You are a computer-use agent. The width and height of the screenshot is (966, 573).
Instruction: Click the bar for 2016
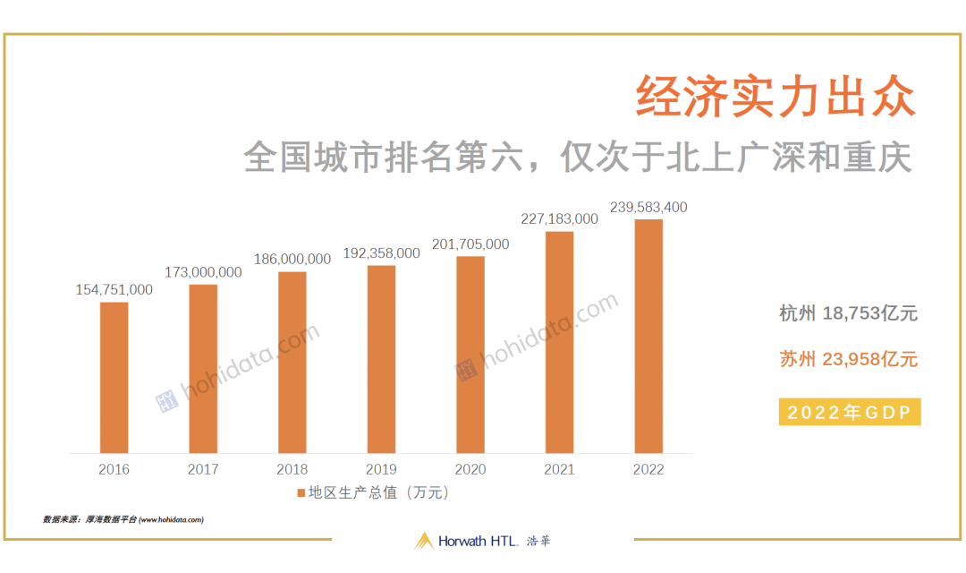click(x=114, y=378)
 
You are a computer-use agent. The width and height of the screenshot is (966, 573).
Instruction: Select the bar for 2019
click(x=381, y=359)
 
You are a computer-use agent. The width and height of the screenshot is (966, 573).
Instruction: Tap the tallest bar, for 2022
click(x=648, y=336)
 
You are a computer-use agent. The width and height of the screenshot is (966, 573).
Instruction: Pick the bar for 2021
click(x=559, y=342)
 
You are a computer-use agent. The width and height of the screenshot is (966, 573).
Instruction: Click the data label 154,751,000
click(x=114, y=290)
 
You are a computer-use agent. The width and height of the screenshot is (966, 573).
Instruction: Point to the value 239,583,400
click(x=648, y=207)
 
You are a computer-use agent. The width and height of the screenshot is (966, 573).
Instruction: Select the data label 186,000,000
click(x=292, y=259)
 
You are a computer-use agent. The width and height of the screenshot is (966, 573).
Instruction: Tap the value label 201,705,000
click(x=470, y=244)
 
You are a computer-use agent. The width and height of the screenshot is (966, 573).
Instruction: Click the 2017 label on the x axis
click(x=203, y=469)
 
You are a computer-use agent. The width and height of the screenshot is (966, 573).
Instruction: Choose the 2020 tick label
click(x=470, y=469)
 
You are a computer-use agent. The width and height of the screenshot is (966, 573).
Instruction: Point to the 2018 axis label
click(x=292, y=469)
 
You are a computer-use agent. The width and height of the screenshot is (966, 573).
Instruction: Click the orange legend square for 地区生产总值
click(x=301, y=492)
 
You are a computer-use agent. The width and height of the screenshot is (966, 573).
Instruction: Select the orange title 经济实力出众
click(x=776, y=97)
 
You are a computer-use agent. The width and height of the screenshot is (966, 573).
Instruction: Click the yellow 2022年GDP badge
click(x=850, y=412)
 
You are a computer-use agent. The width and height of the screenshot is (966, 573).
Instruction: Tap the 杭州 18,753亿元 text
click(x=848, y=313)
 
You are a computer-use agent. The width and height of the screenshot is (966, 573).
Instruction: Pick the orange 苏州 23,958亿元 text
click(x=848, y=359)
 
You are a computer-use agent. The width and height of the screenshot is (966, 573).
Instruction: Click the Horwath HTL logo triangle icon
click(x=424, y=541)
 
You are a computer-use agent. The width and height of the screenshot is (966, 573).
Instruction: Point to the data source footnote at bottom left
click(x=123, y=519)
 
